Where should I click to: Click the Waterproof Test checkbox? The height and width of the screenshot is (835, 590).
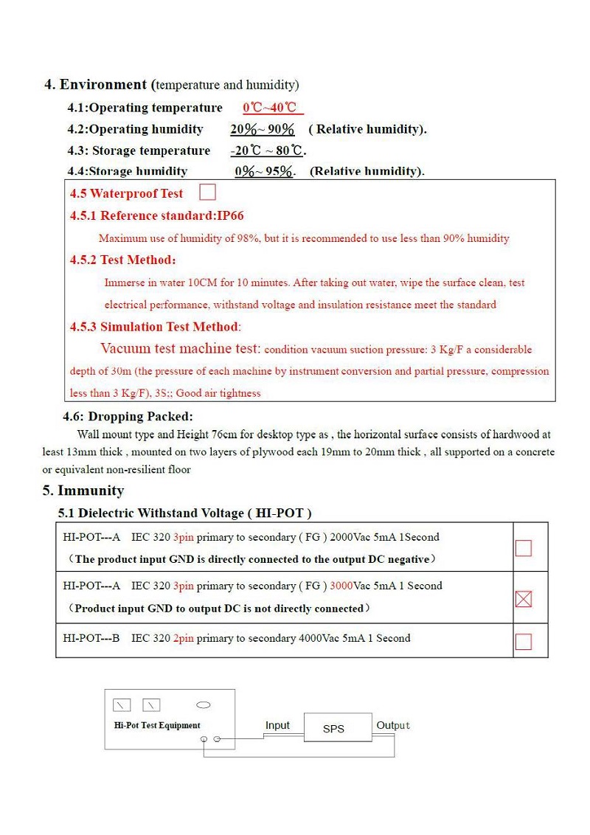tap(208, 193)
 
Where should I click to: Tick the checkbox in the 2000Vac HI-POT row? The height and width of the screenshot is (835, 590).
tap(523, 548)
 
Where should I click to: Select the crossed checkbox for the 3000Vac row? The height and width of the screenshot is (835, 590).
tap(523, 600)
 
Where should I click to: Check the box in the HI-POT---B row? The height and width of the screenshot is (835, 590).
tap(523, 642)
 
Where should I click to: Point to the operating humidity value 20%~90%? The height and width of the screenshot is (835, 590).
tap(262, 130)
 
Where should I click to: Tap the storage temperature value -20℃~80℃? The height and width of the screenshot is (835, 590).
tap(266, 151)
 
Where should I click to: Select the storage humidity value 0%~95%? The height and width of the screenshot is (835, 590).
tap(264, 172)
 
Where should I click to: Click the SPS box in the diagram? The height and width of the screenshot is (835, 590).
tap(334, 729)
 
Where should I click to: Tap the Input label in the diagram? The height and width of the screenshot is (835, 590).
tap(277, 726)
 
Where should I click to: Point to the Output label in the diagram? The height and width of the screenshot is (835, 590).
tap(393, 726)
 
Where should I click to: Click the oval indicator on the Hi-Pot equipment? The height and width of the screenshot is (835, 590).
tap(204, 705)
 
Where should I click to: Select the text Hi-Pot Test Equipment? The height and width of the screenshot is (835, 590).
tap(157, 726)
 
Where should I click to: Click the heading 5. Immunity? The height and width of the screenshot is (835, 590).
tap(83, 491)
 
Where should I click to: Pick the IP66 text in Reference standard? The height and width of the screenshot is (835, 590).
tap(230, 216)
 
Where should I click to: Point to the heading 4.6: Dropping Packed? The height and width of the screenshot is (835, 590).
tap(130, 417)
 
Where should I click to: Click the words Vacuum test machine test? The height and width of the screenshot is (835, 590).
tap(180, 349)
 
